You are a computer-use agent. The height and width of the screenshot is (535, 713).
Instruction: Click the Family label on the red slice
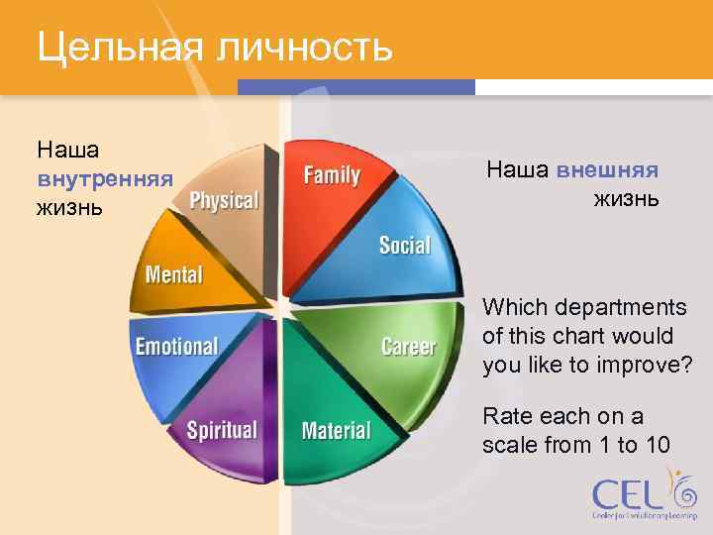tap(332, 175)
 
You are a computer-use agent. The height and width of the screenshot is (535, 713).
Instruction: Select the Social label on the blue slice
tap(404, 245)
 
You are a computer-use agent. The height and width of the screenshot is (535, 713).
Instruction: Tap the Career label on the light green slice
tap(408, 347)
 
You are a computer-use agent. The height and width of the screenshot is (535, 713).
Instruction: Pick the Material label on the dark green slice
tap(336, 431)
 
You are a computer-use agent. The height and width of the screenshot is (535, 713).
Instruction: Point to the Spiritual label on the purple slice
tap(222, 431)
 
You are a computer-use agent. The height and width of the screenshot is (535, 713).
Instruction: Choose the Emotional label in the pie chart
tap(176, 347)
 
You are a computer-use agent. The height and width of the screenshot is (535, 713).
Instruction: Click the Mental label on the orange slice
tap(173, 274)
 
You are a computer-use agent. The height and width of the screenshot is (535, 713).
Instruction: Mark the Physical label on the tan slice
tap(224, 201)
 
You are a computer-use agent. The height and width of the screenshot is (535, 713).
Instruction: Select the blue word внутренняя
tap(105, 179)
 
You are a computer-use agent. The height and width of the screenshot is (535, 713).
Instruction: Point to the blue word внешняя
tap(607, 169)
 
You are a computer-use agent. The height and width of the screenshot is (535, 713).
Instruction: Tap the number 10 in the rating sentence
tap(656, 445)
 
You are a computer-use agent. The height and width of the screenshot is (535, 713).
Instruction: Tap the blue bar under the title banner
tap(356, 87)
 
